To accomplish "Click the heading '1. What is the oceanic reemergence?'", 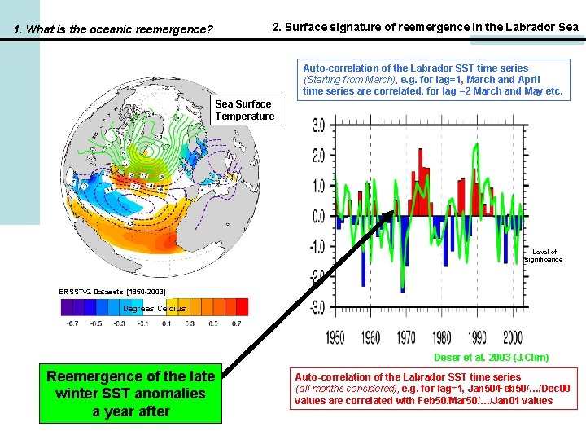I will [114, 30].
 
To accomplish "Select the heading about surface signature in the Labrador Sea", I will [426, 27].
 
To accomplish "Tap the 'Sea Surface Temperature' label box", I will [244, 110].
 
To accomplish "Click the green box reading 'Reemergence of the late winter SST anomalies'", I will [131, 394].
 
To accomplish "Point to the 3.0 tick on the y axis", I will [315, 126].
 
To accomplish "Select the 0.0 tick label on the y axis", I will [315, 217].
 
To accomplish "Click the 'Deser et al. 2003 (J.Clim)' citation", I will [502, 357].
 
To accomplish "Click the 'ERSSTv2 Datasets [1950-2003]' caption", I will [112, 291].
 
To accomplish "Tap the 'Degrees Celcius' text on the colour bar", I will [154, 308].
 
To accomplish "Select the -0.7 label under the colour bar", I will [72, 323].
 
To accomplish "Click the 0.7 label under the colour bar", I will [236, 323].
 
